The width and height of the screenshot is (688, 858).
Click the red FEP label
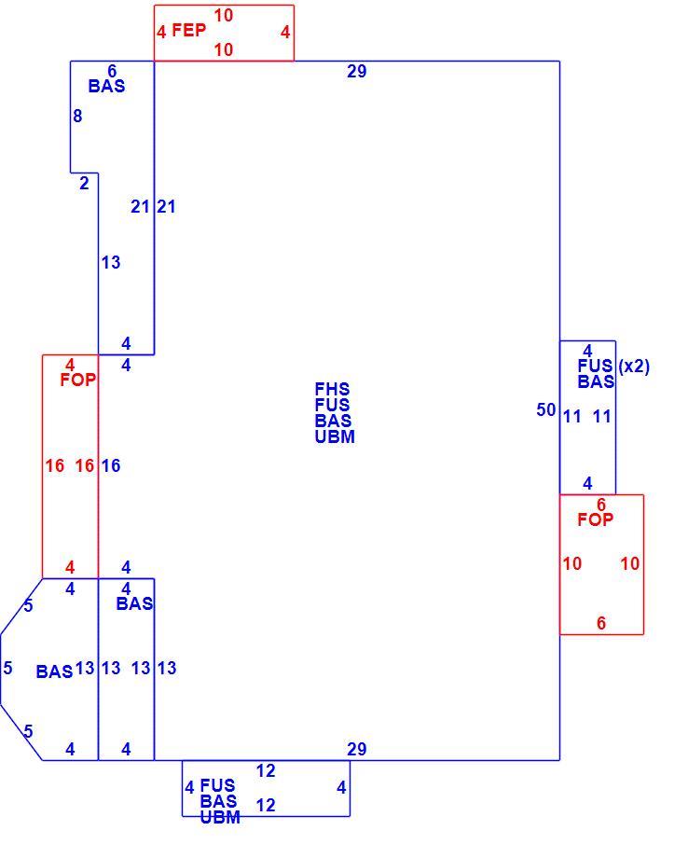(x=188, y=30)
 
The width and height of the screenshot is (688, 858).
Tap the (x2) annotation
(x=634, y=367)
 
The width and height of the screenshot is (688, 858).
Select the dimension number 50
(x=545, y=409)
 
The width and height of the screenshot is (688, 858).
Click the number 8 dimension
(x=77, y=116)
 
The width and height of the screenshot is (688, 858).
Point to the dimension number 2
(x=84, y=184)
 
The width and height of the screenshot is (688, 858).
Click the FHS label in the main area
(x=332, y=389)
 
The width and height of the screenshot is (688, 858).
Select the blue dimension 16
(x=111, y=465)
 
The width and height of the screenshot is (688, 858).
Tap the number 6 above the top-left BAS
(x=112, y=71)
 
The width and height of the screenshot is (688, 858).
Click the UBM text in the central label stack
(x=335, y=436)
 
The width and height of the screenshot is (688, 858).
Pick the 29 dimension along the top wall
(x=356, y=71)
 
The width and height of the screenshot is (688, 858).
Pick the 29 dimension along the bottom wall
(x=356, y=749)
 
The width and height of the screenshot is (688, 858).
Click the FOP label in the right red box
(x=595, y=519)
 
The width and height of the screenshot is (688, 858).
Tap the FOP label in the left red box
(x=77, y=380)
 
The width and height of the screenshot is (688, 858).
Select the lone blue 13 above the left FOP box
(x=111, y=263)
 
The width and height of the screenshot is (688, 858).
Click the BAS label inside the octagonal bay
(x=54, y=671)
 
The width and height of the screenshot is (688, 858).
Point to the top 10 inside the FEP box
(x=223, y=15)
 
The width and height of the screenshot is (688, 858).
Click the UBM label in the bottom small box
(x=220, y=818)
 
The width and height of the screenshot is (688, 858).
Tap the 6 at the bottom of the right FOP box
(x=601, y=623)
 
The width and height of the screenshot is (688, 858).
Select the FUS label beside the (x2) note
(x=595, y=366)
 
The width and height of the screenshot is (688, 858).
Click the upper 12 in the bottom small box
(x=266, y=771)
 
